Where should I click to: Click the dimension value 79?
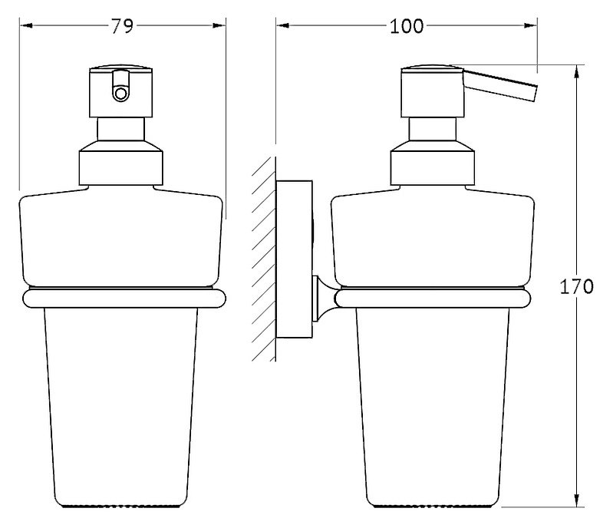[x=122, y=26]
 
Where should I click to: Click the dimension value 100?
[x=407, y=26]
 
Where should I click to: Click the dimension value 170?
[x=577, y=287]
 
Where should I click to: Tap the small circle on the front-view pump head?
[x=120, y=94]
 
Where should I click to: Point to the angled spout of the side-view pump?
[x=500, y=84]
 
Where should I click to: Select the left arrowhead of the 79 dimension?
[x=26, y=26]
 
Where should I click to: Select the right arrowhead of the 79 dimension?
[x=219, y=26]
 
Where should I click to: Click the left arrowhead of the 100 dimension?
[x=282, y=26]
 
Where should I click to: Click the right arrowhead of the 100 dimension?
[x=530, y=26]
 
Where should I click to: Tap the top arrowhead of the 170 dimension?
[x=577, y=71]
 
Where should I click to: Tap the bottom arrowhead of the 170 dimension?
[x=577, y=500]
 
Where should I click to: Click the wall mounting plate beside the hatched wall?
[x=294, y=259]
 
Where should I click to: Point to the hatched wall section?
[x=264, y=259]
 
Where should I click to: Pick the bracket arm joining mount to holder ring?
[x=324, y=299]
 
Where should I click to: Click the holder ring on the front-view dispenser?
[x=124, y=298]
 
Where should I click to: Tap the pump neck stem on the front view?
[x=120, y=129]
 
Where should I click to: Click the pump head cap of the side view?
[x=433, y=92]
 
